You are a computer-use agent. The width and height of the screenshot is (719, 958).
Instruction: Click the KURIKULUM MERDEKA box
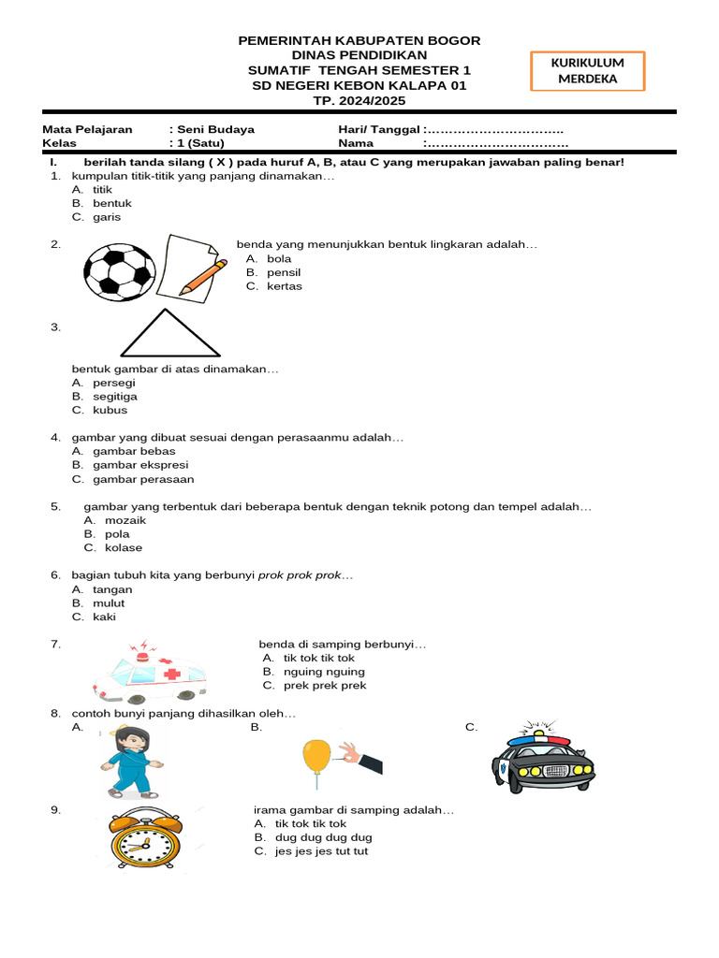(587, 70)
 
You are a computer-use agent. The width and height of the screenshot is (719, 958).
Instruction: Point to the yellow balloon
(317, 756)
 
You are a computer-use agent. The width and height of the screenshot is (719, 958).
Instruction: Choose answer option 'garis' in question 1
(107, 217)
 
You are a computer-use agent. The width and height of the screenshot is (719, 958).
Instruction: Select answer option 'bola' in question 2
(279, 258)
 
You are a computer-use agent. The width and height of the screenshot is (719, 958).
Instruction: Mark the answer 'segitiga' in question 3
(116, 396)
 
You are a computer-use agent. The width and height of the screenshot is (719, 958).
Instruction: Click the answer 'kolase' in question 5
(124, 547)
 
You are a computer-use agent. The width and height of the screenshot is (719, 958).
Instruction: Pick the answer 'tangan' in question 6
(112, 589)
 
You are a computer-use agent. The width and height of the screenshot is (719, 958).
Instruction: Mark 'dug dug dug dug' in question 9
(323, 837)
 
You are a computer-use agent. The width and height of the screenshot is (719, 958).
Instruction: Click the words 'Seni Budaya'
(212, 129)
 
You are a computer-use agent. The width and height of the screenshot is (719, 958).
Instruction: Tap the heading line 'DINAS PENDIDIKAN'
(359, 55)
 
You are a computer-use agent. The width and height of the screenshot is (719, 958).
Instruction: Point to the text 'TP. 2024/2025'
(359, 100)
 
